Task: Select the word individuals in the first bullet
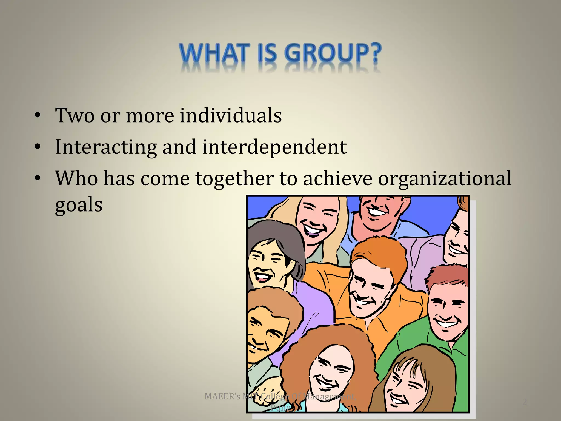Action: coord(231,115)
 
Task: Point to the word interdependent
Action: coord(274,147)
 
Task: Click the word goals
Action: coord(79,205)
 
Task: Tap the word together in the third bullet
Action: coord(234,179)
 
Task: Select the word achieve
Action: coord(337,179)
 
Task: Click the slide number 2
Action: coord(524,402)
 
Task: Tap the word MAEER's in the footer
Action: coord(222,396)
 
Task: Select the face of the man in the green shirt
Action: coord(446,312)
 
